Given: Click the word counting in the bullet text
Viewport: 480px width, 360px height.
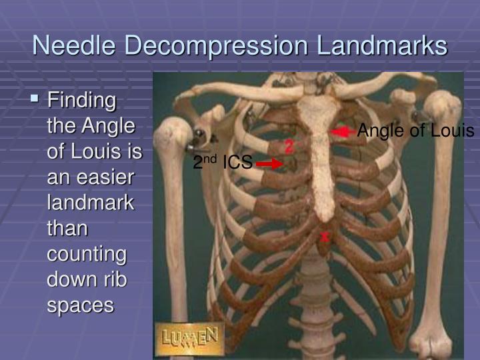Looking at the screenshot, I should (x=87, y=254).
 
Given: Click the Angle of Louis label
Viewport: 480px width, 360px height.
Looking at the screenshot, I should (x=415, y=131).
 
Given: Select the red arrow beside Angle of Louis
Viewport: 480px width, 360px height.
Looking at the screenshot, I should (x=343, y=132).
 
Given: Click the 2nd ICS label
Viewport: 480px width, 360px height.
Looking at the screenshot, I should (x=222, y=162).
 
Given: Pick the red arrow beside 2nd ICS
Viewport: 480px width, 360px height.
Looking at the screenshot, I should (x=269, y=163).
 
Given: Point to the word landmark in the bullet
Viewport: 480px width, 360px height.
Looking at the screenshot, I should (x=91, y=203).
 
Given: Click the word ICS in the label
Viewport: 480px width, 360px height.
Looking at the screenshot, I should (x=237, y=162).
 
